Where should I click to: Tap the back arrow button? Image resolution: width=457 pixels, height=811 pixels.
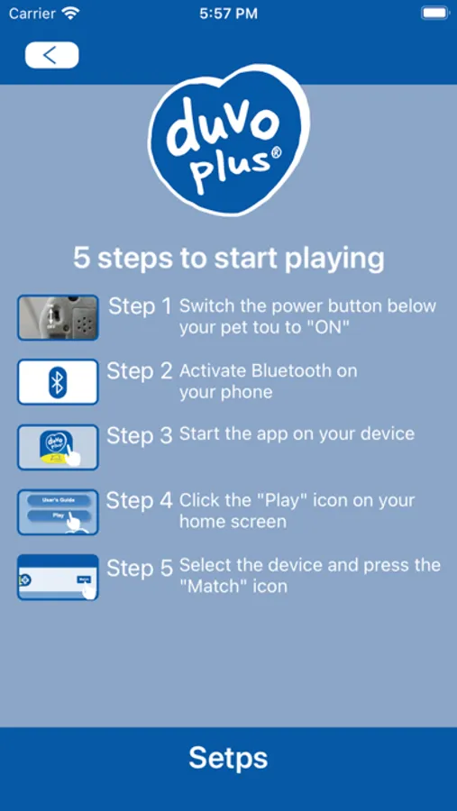click(x=51, y=55)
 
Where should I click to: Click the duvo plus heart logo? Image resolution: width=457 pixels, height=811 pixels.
click(x=229, y=140)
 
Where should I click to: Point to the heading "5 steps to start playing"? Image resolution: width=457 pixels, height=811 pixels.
click(x=229, y=258)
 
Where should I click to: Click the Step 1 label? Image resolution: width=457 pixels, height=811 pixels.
click(x=140, y=306)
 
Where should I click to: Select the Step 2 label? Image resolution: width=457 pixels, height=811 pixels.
click(x=140, y=371)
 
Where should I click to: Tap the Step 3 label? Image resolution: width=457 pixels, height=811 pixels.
click(x=140, y=435)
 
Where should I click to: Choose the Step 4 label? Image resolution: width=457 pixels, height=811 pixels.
click(x=140, y=500)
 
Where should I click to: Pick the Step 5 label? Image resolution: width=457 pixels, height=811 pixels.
click(x=140, y=569)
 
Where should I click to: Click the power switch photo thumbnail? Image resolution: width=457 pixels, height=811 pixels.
click(x=58, y=317)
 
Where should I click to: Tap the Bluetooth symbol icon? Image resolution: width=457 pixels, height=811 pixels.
click(x=58, y=382)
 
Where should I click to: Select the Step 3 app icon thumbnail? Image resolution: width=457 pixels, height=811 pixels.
click(x=58, y=447)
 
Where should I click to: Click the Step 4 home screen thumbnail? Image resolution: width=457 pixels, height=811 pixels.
click(x=58, y=512)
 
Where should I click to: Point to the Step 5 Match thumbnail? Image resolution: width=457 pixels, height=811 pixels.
click(x=58, y=578)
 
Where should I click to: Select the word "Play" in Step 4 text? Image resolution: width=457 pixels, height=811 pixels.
click(x=279, y=501)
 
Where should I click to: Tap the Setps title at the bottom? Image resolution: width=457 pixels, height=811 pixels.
click(x=228, y=758)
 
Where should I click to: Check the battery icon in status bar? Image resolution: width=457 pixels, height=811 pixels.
click(x=434, y=14)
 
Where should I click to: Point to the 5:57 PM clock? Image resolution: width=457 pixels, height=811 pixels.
click(x=228, y=14)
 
